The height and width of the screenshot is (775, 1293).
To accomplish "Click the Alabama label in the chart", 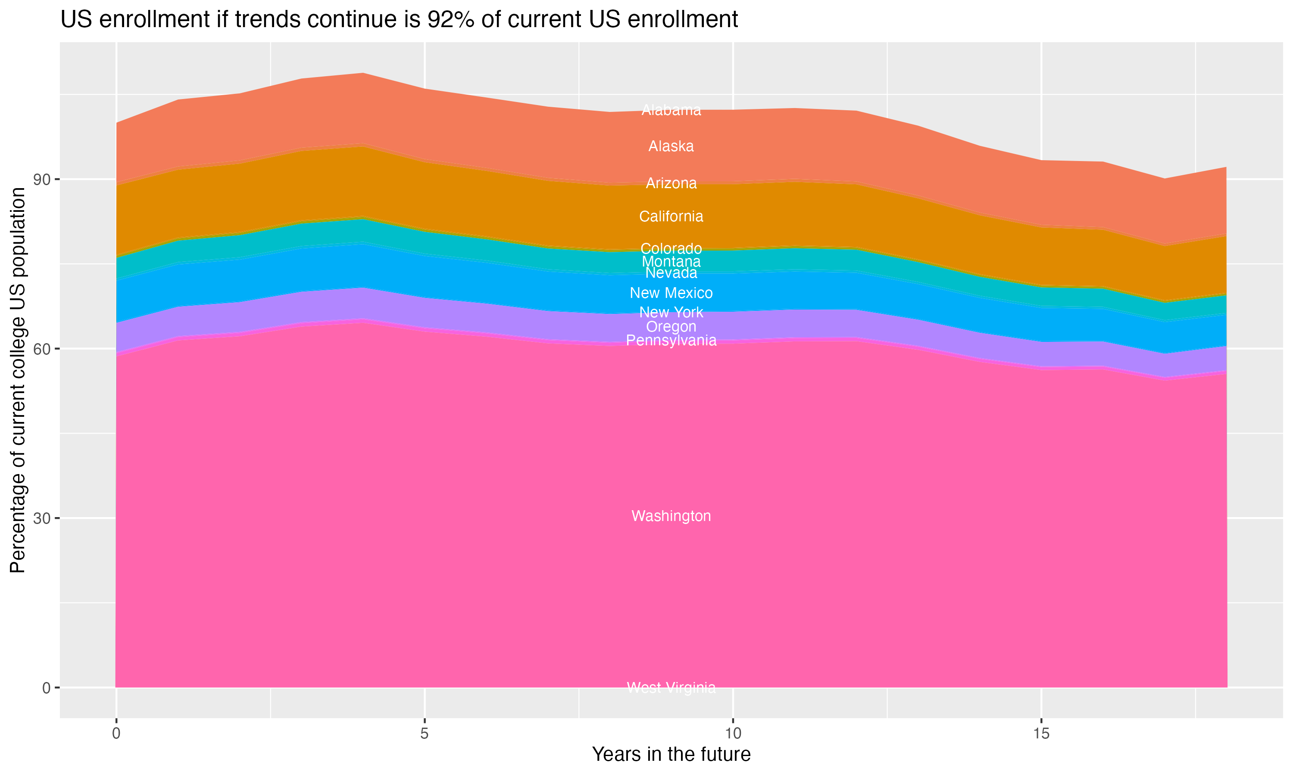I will click(671, 110).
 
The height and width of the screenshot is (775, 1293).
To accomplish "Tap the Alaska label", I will click(671, 146).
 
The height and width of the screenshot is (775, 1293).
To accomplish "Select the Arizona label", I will click(671, 183).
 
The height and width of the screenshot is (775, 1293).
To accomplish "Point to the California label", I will click(671, 216).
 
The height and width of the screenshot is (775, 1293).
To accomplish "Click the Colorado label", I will click(671, 248).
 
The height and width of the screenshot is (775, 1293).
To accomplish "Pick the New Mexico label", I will click(671, 293).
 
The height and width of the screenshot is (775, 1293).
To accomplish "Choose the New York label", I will click(671, 312).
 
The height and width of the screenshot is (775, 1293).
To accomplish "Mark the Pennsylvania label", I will click(671, 341).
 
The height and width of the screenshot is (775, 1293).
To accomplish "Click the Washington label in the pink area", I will click(671, 516).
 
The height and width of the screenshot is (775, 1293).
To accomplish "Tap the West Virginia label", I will click(671, 688).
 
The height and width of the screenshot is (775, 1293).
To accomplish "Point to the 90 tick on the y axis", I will click(43, 180).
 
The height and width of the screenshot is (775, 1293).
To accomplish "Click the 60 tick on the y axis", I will click(43, 349).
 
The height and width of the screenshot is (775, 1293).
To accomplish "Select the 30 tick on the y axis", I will click(43, 518).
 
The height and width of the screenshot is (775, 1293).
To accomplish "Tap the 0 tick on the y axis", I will click(47, 688).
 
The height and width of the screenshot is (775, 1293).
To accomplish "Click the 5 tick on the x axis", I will click(425, 734).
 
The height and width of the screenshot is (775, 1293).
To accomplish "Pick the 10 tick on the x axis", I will click(733, 734).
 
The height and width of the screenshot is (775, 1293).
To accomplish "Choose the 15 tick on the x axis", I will click(1041, 734).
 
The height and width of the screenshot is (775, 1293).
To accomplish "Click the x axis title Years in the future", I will click(671, 755).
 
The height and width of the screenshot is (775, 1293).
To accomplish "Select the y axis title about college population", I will click(18, 380).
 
